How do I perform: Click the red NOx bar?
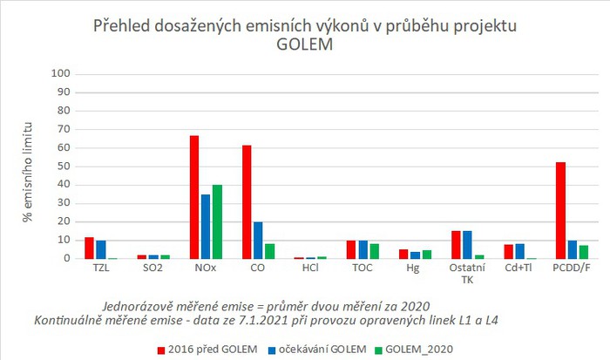click(x=194, y=197)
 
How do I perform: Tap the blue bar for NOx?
click(x=205, y=227)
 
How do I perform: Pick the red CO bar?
click(x=247, y=201)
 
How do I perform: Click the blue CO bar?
click(x=257, y=240)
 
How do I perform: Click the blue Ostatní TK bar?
click(x=468, y=244)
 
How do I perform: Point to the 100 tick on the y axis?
click(x=60, y=74)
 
